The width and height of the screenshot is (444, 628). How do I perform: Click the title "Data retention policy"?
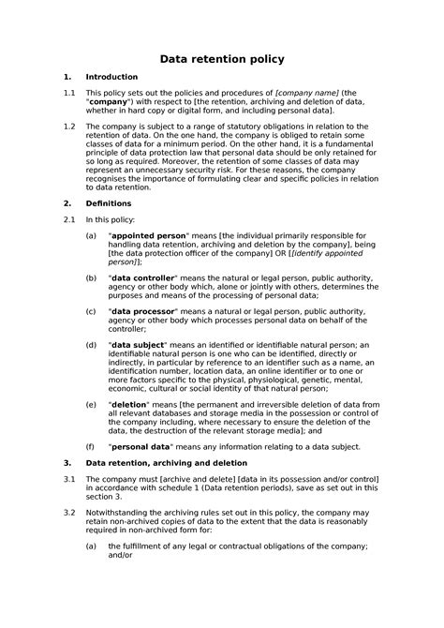point(222,60)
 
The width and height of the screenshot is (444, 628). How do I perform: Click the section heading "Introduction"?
point(111,77)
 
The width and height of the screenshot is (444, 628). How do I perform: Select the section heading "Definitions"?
point(110,202)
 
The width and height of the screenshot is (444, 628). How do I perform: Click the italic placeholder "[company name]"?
point(306,93)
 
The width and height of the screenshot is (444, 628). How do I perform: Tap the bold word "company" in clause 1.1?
point(110,102)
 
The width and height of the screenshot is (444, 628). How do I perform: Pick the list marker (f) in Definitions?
point(90,447)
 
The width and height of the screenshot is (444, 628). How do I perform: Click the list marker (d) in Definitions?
point(90,346)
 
